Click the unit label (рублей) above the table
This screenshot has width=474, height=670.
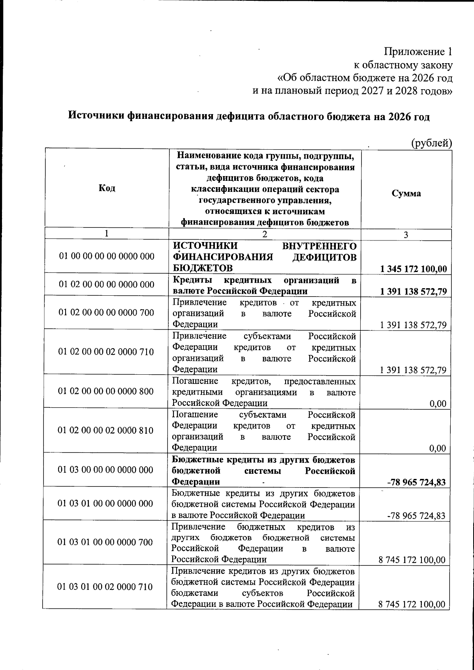(431, 143)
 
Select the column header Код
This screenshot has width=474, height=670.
(107, 188)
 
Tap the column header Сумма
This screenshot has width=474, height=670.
(406, 193)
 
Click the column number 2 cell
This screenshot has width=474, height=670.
(264, 234)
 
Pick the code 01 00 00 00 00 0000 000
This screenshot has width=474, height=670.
(107, 257)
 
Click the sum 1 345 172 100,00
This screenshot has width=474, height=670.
(413, 270)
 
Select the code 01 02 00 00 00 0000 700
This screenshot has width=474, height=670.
(106, 313)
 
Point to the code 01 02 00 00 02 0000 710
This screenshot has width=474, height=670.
(106, 352)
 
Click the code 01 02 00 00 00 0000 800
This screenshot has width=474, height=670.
(106, 391)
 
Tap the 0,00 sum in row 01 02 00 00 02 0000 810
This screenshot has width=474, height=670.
(438, 448)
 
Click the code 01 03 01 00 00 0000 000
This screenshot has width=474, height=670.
(105, 504)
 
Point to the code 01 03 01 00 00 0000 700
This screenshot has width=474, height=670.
(105, 542)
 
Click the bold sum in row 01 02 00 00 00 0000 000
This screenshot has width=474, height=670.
(413, 292)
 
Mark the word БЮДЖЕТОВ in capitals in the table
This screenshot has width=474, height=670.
(203, 268)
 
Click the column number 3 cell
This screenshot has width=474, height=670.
(406, 235)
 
